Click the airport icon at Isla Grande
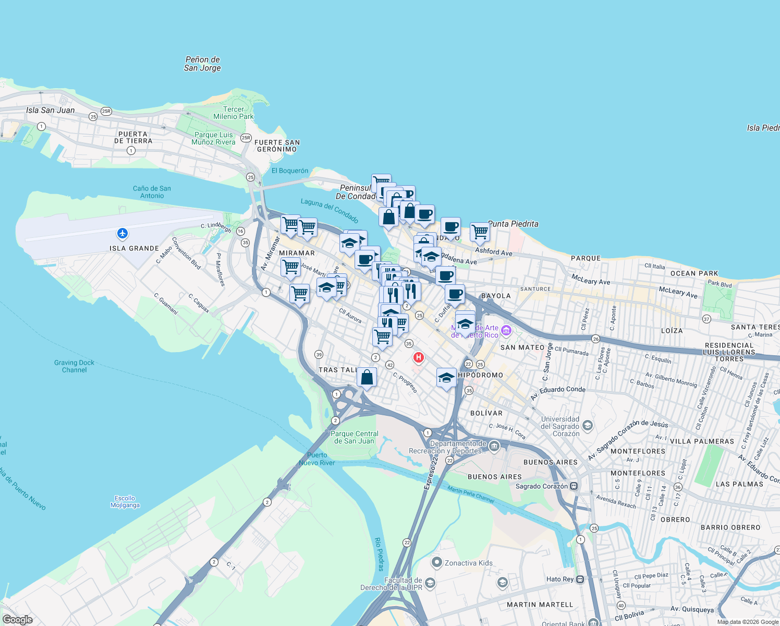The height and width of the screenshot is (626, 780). click(x=123, y=233)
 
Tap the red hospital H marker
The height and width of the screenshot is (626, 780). click(x=418, y=357)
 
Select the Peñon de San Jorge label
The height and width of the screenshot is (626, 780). click(x=202, y=64)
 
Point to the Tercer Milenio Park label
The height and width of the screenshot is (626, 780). click(x=234, y=113)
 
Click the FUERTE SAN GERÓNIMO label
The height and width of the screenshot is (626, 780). click(x=277, y=146)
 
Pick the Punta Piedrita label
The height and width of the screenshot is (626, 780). click(x=513, y=224)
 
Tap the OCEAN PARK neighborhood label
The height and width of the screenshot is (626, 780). click(x=694, y=273)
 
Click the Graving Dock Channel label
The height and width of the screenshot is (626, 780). click(x=75, y=366)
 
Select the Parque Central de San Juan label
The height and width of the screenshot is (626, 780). click(x=355, y=437)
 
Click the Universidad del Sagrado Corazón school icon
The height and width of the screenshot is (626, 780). click(x=588, y=425)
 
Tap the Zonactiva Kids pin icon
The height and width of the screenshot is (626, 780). click(x=436, y=562)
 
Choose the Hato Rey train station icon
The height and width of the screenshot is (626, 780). click(x=580, y=579)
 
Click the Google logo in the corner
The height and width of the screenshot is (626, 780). click(x=17, y=619)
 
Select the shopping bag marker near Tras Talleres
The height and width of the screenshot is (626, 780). click(x=367, y=377)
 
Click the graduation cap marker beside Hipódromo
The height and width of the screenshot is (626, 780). click(x=446, y=378)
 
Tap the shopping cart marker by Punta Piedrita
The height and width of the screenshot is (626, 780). click(x=480, y=232)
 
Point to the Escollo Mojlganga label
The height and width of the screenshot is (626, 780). click(x=125, y=501)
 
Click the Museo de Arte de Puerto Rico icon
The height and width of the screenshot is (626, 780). click(x=506, y=331)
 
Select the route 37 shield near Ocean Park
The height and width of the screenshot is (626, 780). click(x=706, y=319)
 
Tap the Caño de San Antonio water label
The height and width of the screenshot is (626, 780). click(x=152, y=192)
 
